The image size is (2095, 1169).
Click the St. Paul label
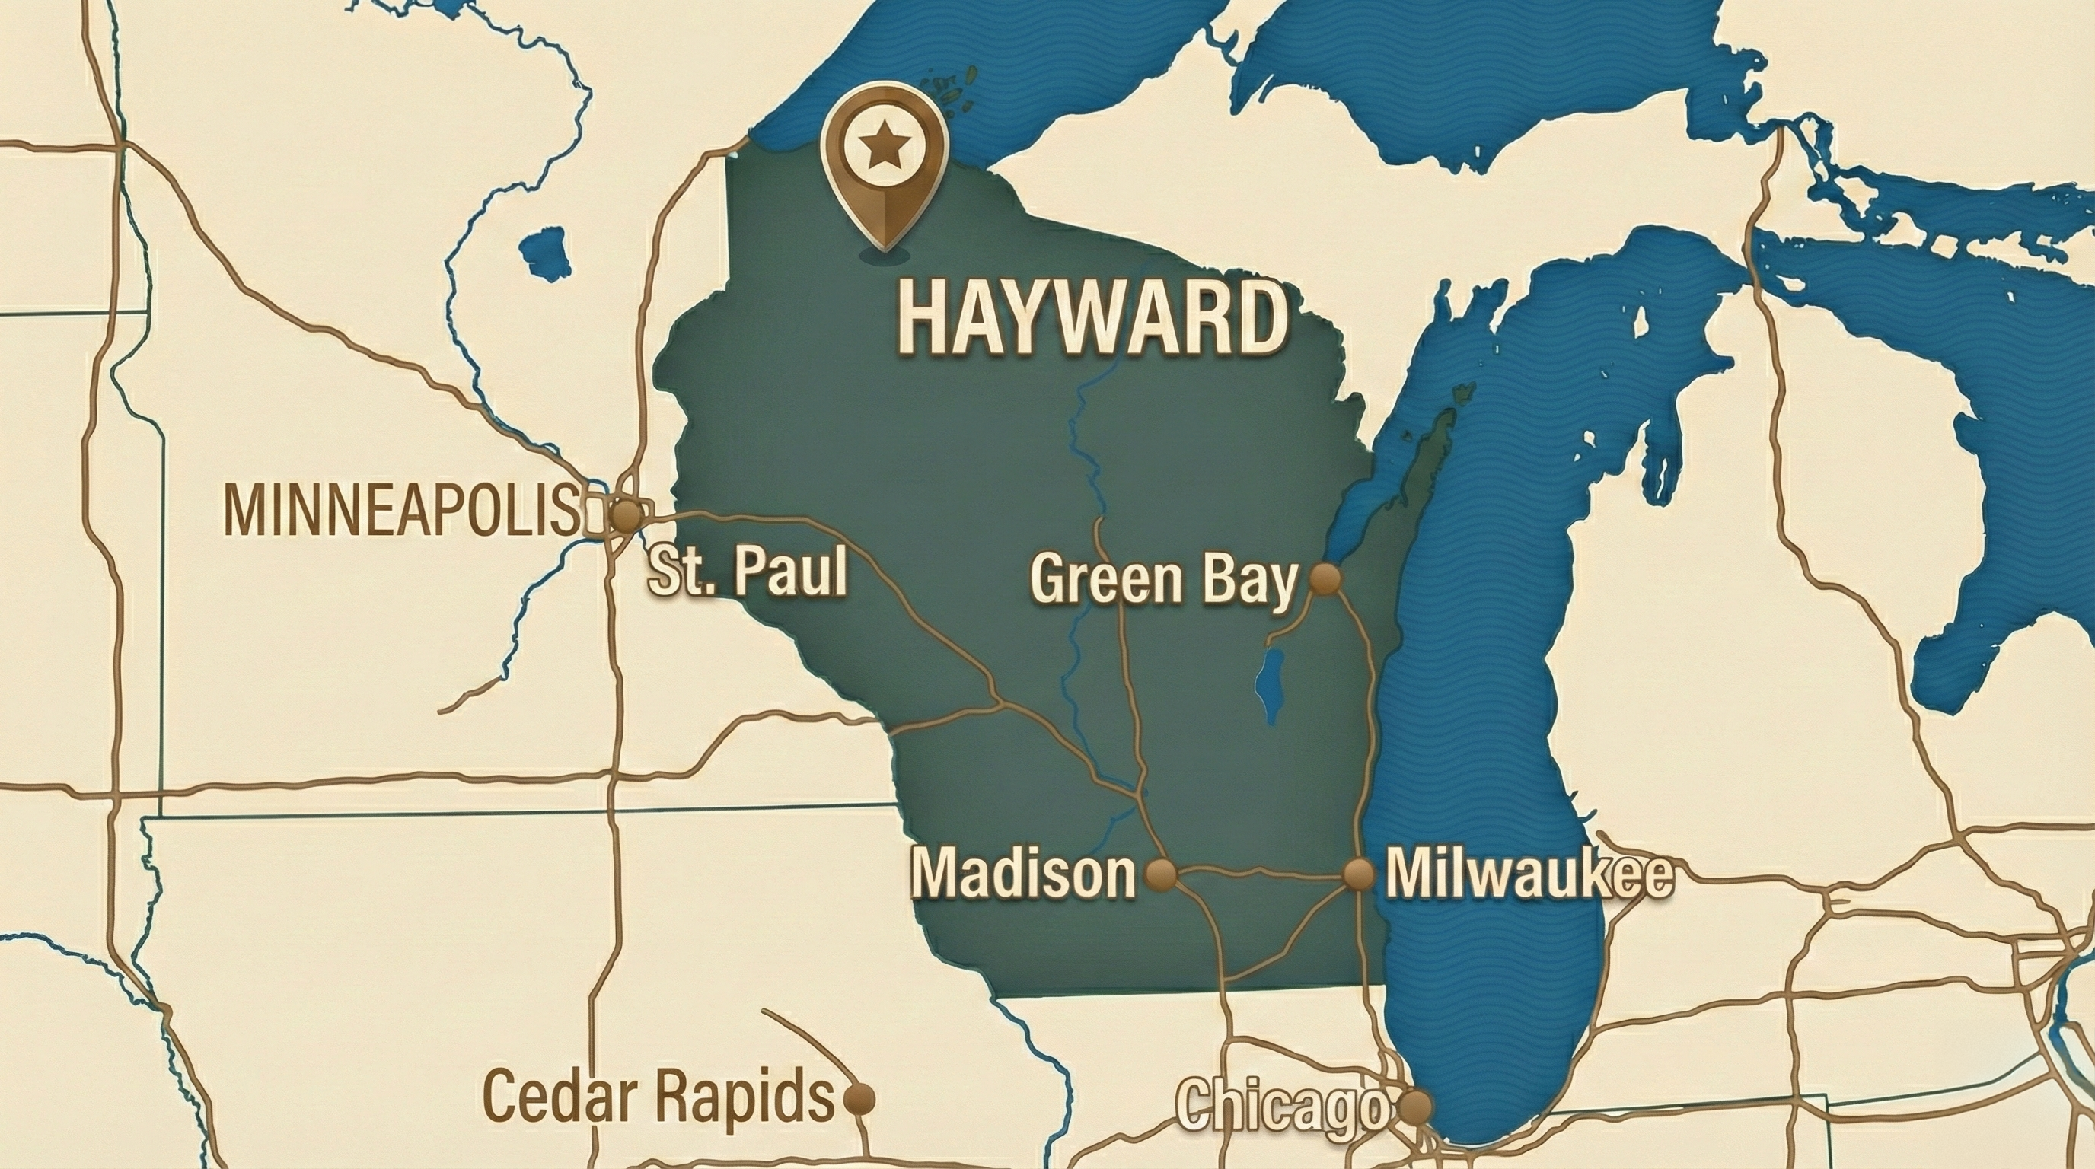pyautogui.click(x=747, y=572)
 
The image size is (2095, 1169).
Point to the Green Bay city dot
pyautogui.click(x=1325, y=579)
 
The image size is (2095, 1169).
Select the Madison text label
pyautogui.click(x=1022, y=874)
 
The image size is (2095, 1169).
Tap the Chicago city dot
pyautogui.click(x=1415, y=1107)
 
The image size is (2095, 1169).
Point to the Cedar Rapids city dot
pyautogui.click(x=859, y=1099)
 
